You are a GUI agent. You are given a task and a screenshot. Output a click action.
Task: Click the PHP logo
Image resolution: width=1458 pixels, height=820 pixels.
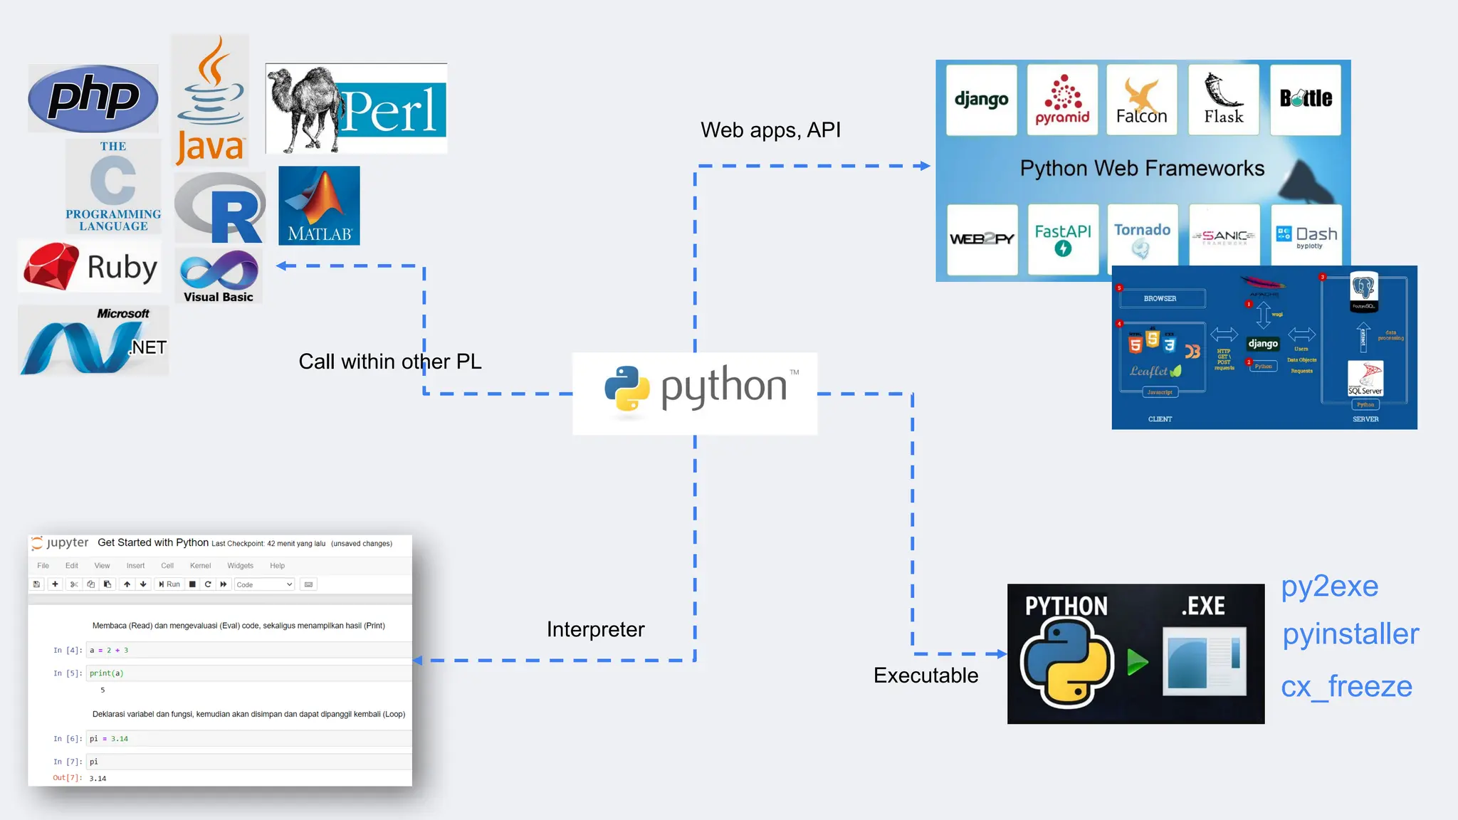pos(93,98)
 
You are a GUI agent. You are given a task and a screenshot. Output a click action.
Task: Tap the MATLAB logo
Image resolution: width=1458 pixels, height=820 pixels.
pos(319,206)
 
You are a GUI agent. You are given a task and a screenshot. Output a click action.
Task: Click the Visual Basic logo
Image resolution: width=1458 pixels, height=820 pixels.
pos(219,275)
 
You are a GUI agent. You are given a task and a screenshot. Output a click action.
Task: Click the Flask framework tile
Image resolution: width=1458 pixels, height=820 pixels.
pos(1224,100)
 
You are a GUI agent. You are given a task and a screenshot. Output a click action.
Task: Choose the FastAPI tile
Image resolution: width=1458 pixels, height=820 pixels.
pos(1063,239)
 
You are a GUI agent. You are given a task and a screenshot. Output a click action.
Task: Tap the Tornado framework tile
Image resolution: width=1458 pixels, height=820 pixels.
pos(1142,239)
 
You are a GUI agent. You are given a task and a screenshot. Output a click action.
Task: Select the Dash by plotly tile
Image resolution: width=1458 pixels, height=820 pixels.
pos(1306,238)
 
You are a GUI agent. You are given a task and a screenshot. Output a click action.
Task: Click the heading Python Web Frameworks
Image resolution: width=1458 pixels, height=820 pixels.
pos(1142,168)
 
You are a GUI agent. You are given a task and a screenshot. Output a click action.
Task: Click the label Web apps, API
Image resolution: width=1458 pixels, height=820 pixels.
pos(770,130)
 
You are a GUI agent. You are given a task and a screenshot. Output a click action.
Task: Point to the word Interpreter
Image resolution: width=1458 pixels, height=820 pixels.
pos(595,629)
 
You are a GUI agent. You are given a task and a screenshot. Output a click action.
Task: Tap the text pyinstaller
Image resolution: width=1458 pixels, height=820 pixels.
pos(1351,634)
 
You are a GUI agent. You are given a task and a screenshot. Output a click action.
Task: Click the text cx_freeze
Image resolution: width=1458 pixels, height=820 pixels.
pos(1346,686)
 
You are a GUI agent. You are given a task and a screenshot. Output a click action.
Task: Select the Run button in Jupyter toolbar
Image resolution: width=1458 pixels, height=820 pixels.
pos(169,584)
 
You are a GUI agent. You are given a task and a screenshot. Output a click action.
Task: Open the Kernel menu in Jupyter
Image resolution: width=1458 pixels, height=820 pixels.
pos(200,566)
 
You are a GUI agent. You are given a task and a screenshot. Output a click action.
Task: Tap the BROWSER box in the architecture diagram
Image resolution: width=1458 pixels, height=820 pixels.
pos(1160,298)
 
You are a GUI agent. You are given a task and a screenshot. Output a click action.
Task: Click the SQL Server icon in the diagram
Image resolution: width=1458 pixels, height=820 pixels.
pos(1365,379)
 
